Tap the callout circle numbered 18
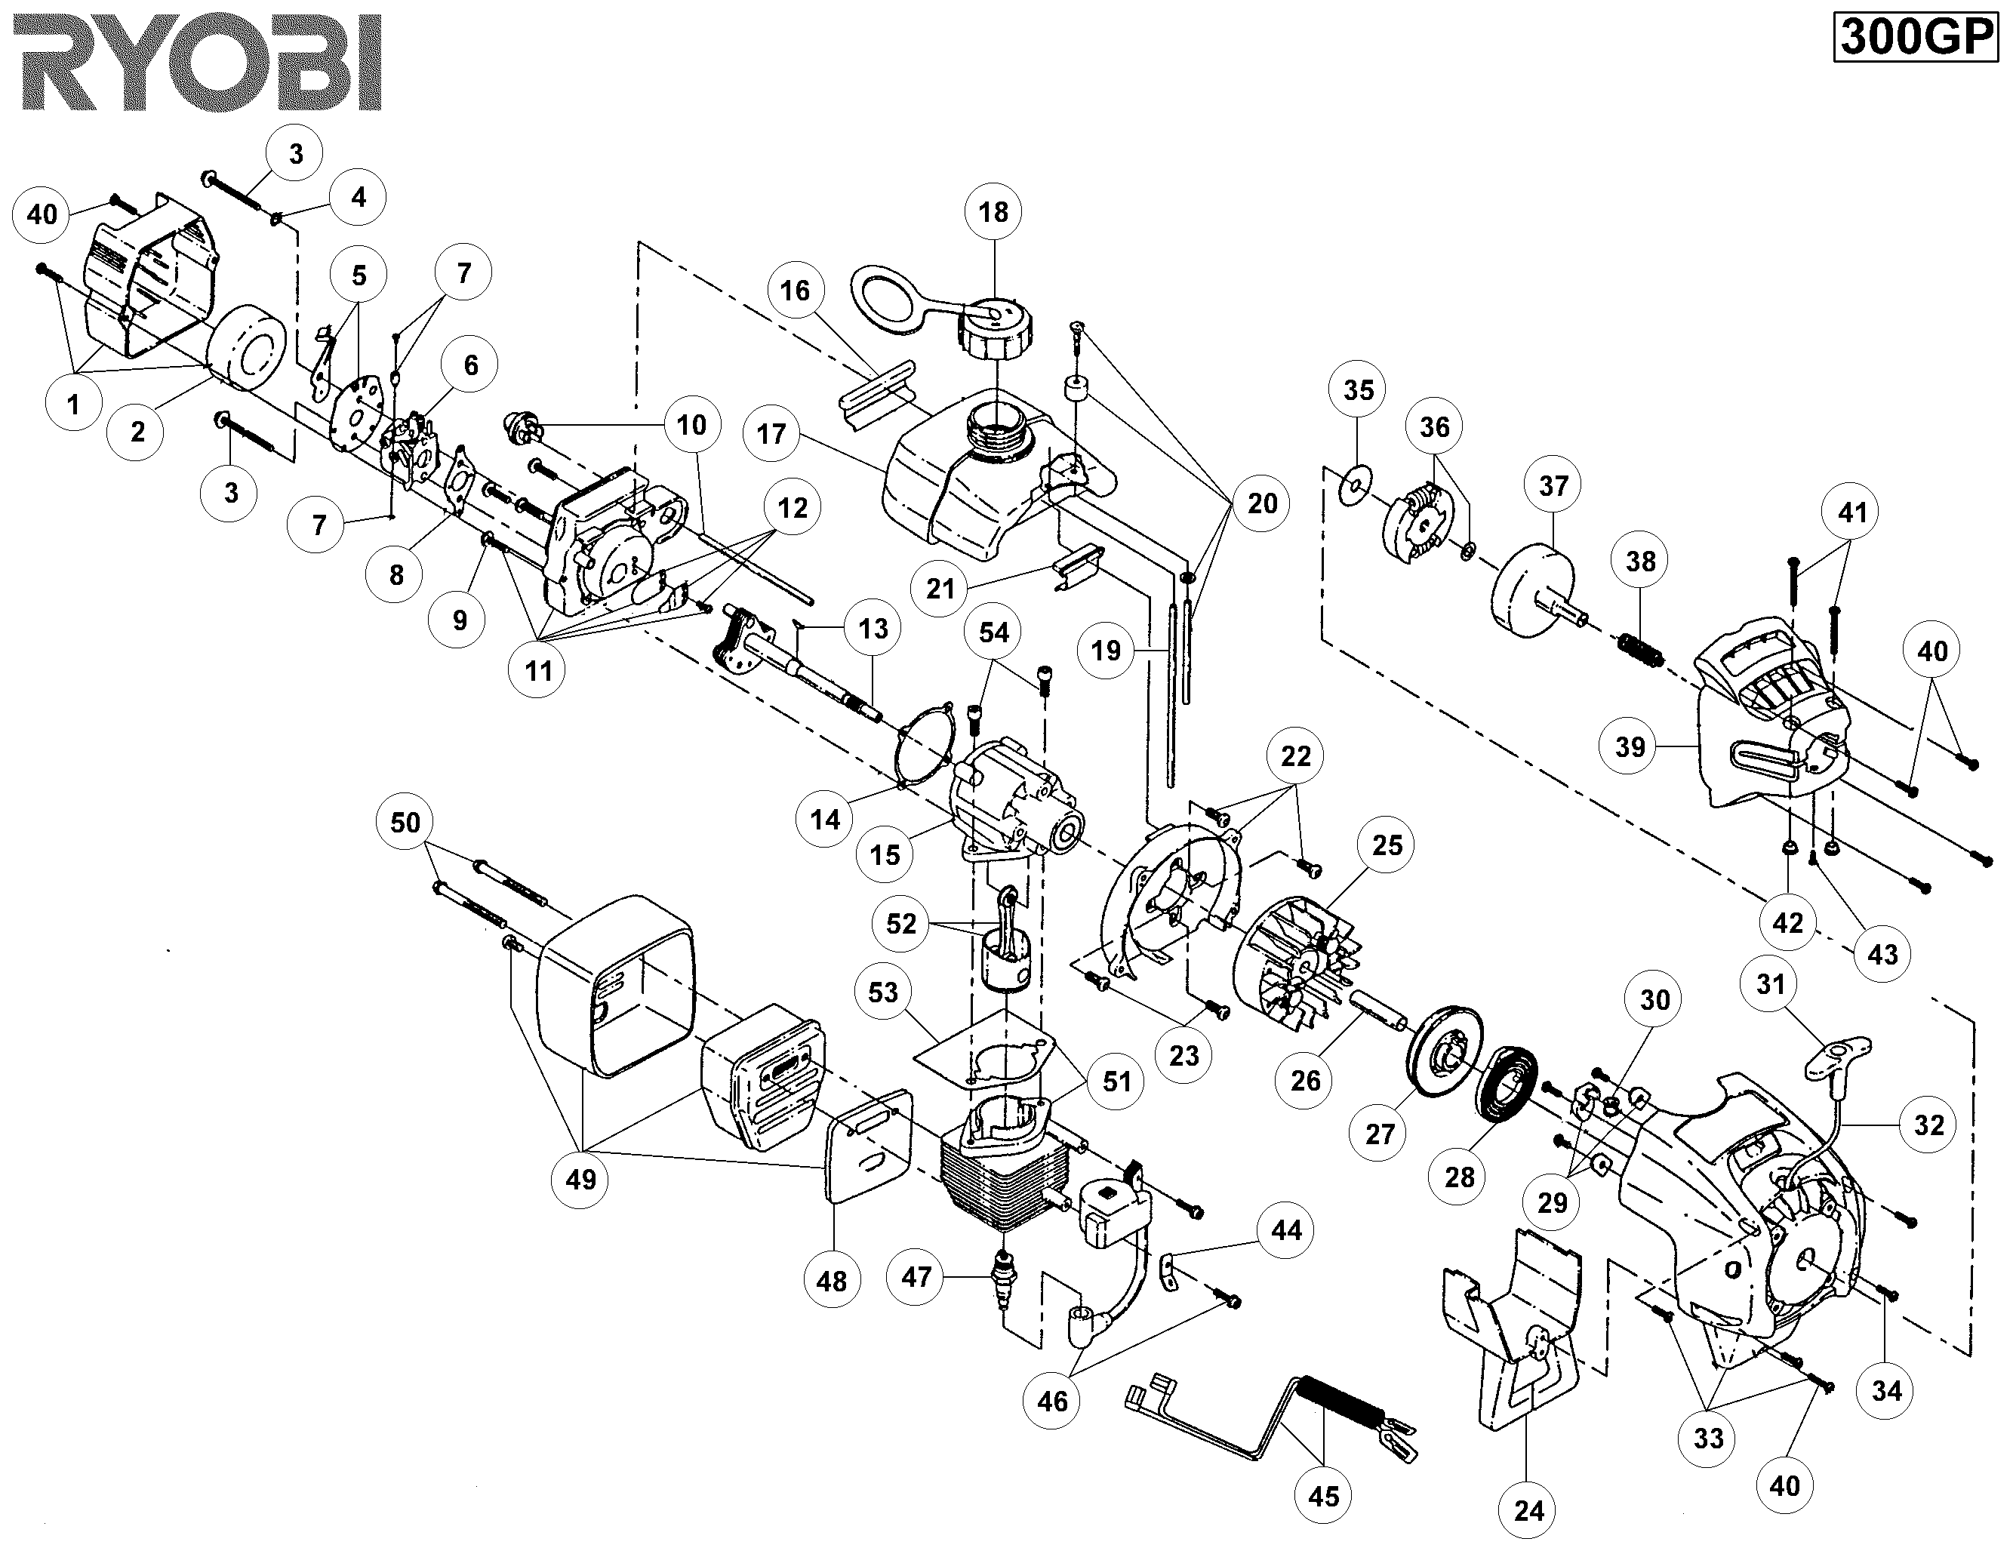(993, 213)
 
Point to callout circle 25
(1387, 846)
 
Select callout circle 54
(993, 632)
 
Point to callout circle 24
(1528, 1511)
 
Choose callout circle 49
(580, 1179)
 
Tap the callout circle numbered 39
(1630, 746)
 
